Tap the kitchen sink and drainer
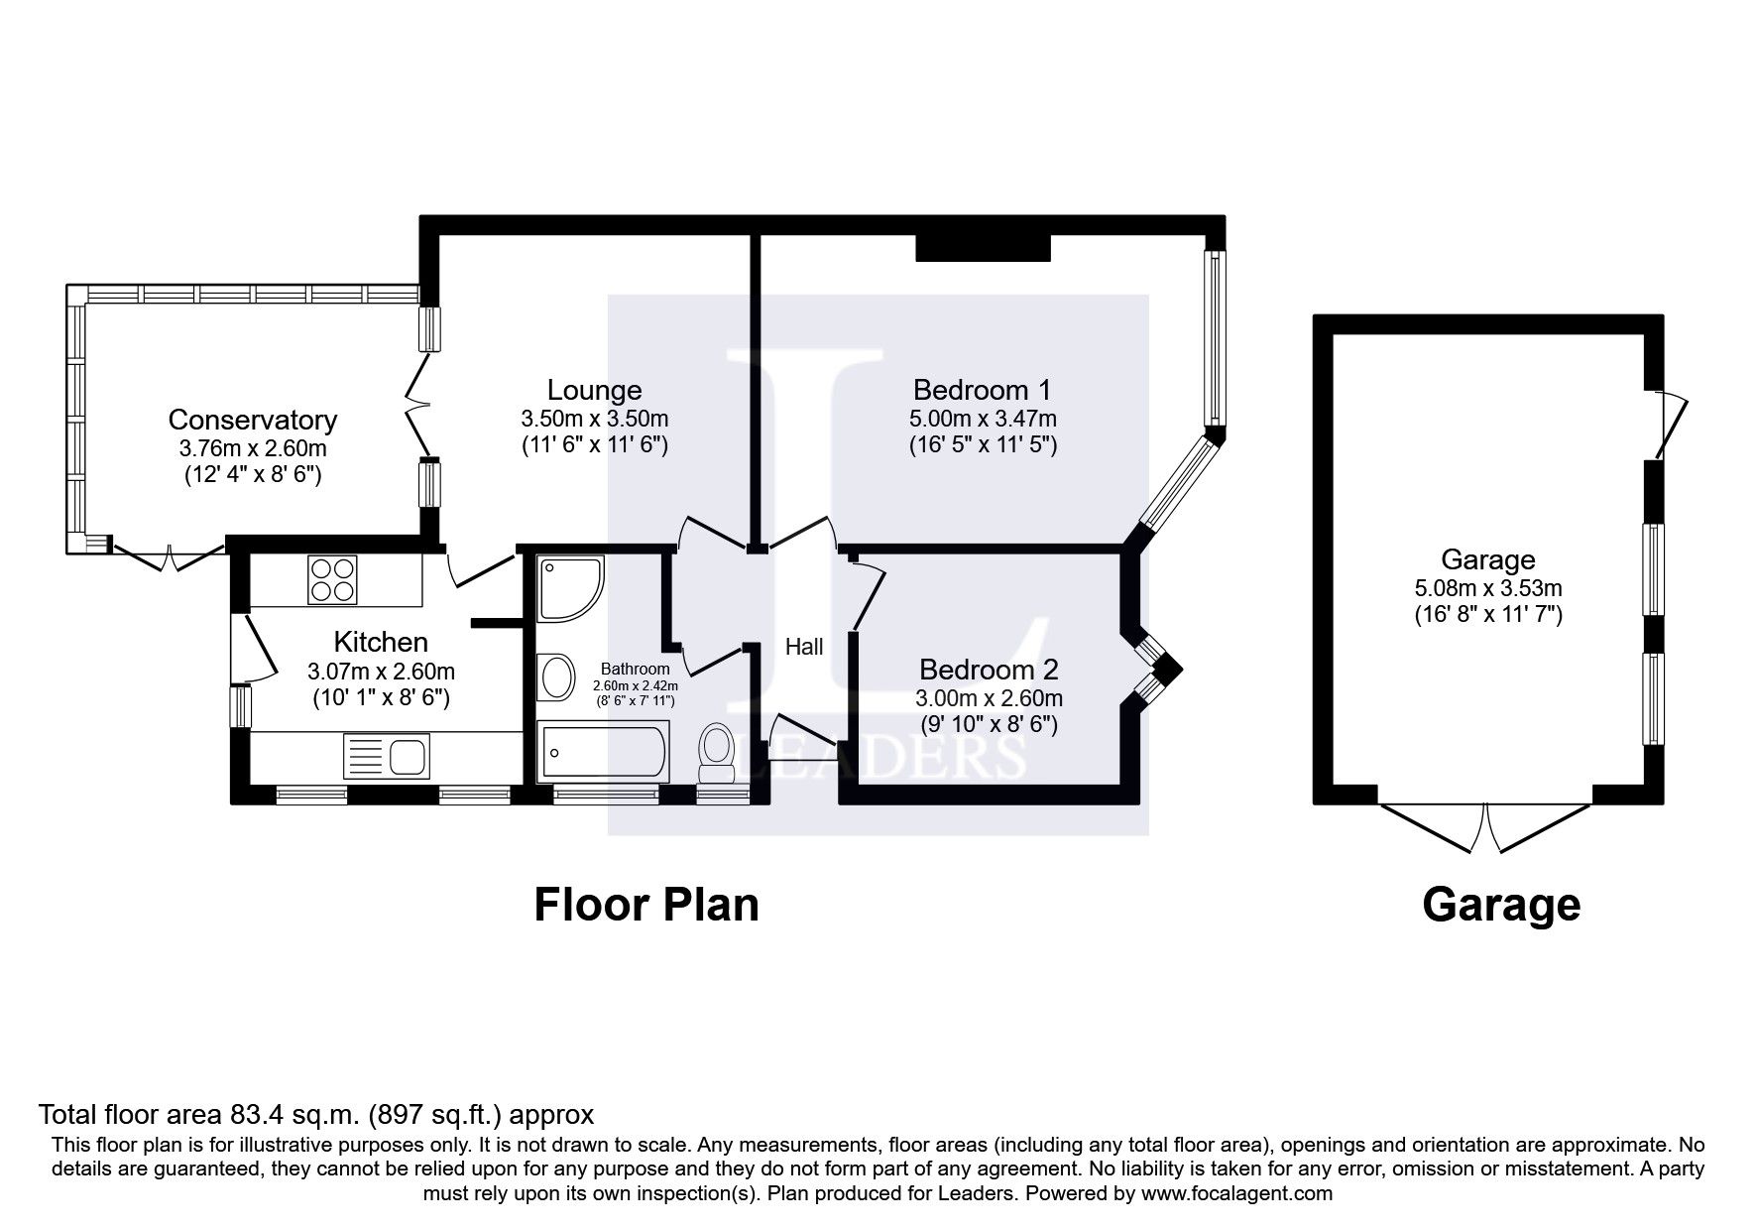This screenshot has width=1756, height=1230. pos(386,758)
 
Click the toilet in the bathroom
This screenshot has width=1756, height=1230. pos(715,753)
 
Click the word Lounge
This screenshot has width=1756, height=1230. pos(594,391)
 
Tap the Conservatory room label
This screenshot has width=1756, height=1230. pos(253,421)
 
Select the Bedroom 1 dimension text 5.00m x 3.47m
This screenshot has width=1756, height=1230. pos(983,418)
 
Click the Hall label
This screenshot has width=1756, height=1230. pos(804,648)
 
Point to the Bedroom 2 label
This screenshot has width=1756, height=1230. pos(989,669)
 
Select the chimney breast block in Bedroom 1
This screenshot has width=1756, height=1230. pos(982,247)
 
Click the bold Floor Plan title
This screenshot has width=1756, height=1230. pos(646,905)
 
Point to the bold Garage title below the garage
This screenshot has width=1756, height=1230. pos(1500,905)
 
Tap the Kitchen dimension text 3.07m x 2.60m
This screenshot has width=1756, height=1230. pos(381,672)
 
